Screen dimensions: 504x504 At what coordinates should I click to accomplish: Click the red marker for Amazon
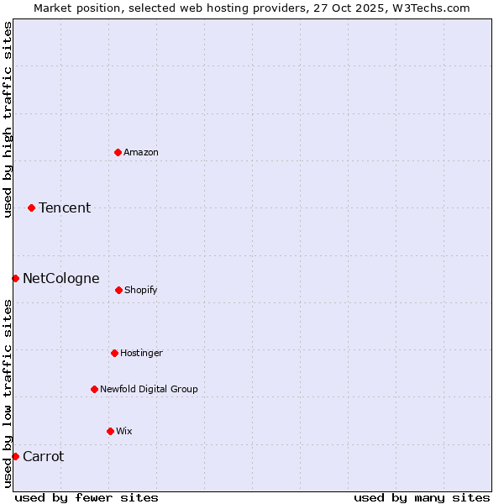point(118,152)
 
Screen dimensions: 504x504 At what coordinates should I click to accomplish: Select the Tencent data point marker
point(31,207)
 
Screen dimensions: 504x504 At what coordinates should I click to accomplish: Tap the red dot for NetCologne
point(15,278)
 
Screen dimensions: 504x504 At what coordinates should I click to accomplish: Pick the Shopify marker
point(118,290)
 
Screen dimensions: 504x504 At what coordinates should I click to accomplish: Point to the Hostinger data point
point(114,353)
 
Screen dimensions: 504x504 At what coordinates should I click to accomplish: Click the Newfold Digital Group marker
point(94,389)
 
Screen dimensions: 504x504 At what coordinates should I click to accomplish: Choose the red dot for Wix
point(110,431)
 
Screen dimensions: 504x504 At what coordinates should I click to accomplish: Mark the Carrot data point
point(15,456)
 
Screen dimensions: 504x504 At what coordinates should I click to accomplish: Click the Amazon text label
point(141,152)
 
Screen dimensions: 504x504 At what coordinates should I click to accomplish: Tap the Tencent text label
point(65,207)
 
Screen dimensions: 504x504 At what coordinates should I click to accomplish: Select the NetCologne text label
point(61,278)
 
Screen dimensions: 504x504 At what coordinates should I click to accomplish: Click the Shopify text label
point(141,290)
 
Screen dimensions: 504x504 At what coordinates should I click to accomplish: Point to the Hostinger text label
point(141,353)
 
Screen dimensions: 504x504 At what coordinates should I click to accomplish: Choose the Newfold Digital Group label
point(149,389)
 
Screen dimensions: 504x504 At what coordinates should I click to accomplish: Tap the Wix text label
point(124,431)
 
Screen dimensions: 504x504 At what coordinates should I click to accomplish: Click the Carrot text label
point(43,456)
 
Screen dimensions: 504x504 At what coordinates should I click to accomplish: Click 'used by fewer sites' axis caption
point(87,497)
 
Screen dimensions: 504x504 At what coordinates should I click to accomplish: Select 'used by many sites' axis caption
point(422,497)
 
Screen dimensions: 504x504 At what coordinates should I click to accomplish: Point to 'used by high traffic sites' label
point(8,119)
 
